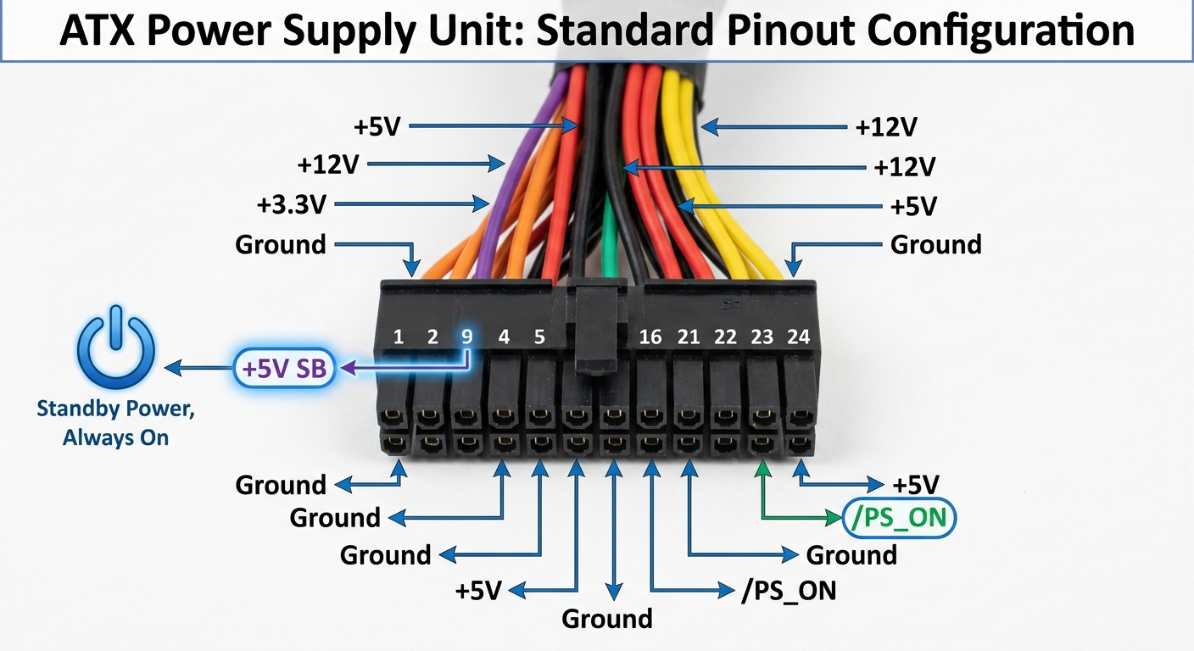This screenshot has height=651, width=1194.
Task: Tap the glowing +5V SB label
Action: point(283,369)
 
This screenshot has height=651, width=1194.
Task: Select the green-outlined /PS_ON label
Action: point(900,516)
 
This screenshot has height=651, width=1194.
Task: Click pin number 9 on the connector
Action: point(466,337)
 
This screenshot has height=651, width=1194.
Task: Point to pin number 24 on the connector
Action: point(798,337)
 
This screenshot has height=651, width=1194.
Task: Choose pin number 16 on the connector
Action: point(650,337)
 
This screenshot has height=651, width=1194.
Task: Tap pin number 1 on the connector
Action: point(399,337)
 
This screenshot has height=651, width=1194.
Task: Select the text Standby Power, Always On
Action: point(115,423)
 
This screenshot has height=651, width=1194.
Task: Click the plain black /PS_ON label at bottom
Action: point(789,591)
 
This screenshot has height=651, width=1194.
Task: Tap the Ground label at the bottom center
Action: point(607,619)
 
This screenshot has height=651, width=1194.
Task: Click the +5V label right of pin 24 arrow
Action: point(916,485)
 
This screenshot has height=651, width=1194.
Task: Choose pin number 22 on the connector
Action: point(725,337)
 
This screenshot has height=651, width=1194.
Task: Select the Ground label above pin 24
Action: point(935,245)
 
